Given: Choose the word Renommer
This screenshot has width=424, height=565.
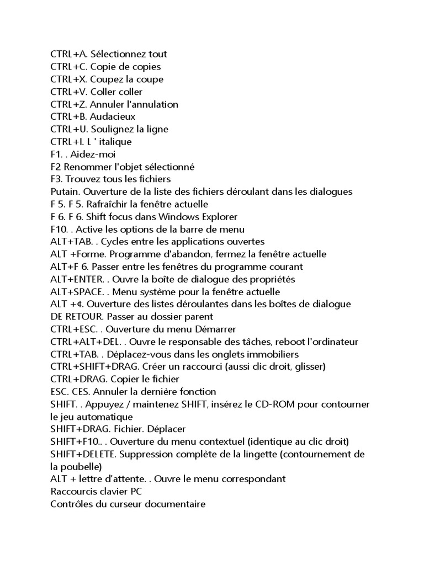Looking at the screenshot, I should (x=84, y=167).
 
